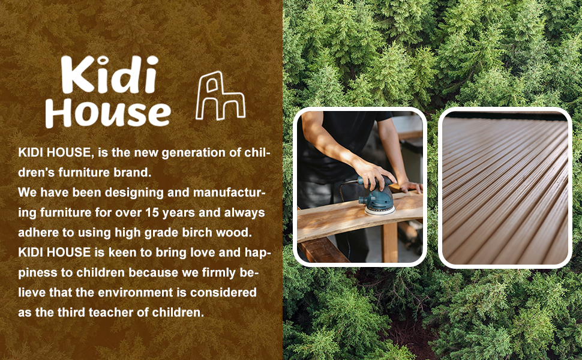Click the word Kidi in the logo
[110, 74]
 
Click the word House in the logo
[108, 113]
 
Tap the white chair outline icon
[220, 96]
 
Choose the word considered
[223, 292]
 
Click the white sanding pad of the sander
[380, 211]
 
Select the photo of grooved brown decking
[505, 188]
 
